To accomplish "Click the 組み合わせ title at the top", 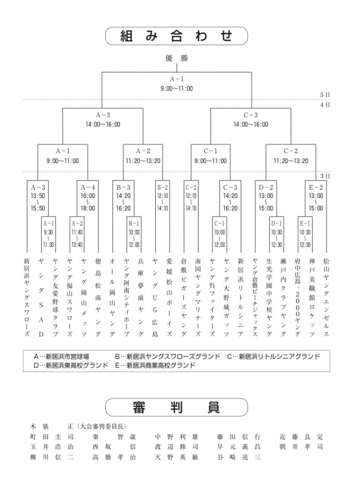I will pyautogui.click(x=176, y=36).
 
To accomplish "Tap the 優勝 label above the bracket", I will pyautogui.click(x=176, y=58).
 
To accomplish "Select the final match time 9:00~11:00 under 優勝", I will pyautogui.click(x=176, y=88).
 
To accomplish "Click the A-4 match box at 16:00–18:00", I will pyautogui.click(x=87, y=197).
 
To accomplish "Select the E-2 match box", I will pyautogui.click(x=316, y=197).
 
